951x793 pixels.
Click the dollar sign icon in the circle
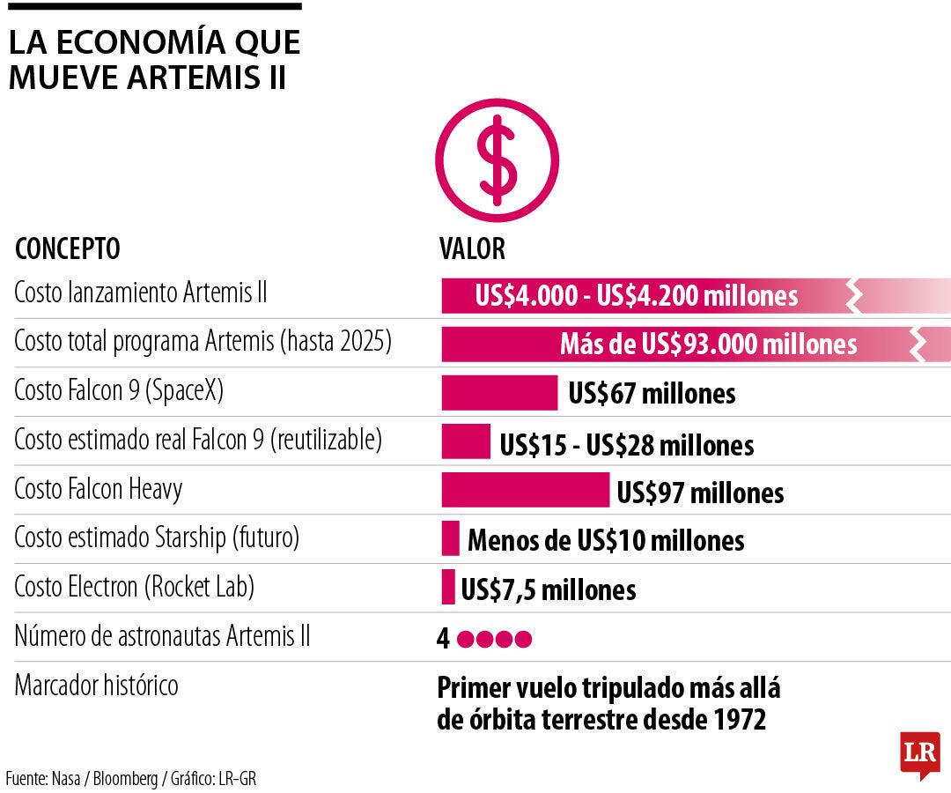coord(498,160)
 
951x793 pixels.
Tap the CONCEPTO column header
coord(68,249)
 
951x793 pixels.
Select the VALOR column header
coord(472,249)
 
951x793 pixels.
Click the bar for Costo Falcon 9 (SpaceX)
coord(499,393)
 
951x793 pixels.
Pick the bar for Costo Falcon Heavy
coord(525,490)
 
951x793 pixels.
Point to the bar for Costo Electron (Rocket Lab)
coord(448,587)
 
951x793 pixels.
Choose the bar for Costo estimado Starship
coord(451,538)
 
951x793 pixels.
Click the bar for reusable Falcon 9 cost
coord(466,441)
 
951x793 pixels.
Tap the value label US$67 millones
coord(652,394)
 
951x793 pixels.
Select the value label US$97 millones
coord(700,492)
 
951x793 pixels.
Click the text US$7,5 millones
coord(548,589)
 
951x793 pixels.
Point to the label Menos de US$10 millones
coord(606,540)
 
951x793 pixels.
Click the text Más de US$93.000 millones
coord(708,345)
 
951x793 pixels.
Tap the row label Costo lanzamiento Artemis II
coord(140,294)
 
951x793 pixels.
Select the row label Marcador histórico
coord(96,685)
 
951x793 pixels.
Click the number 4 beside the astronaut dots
coord(443,639)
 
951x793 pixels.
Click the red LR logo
coord(919,754)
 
